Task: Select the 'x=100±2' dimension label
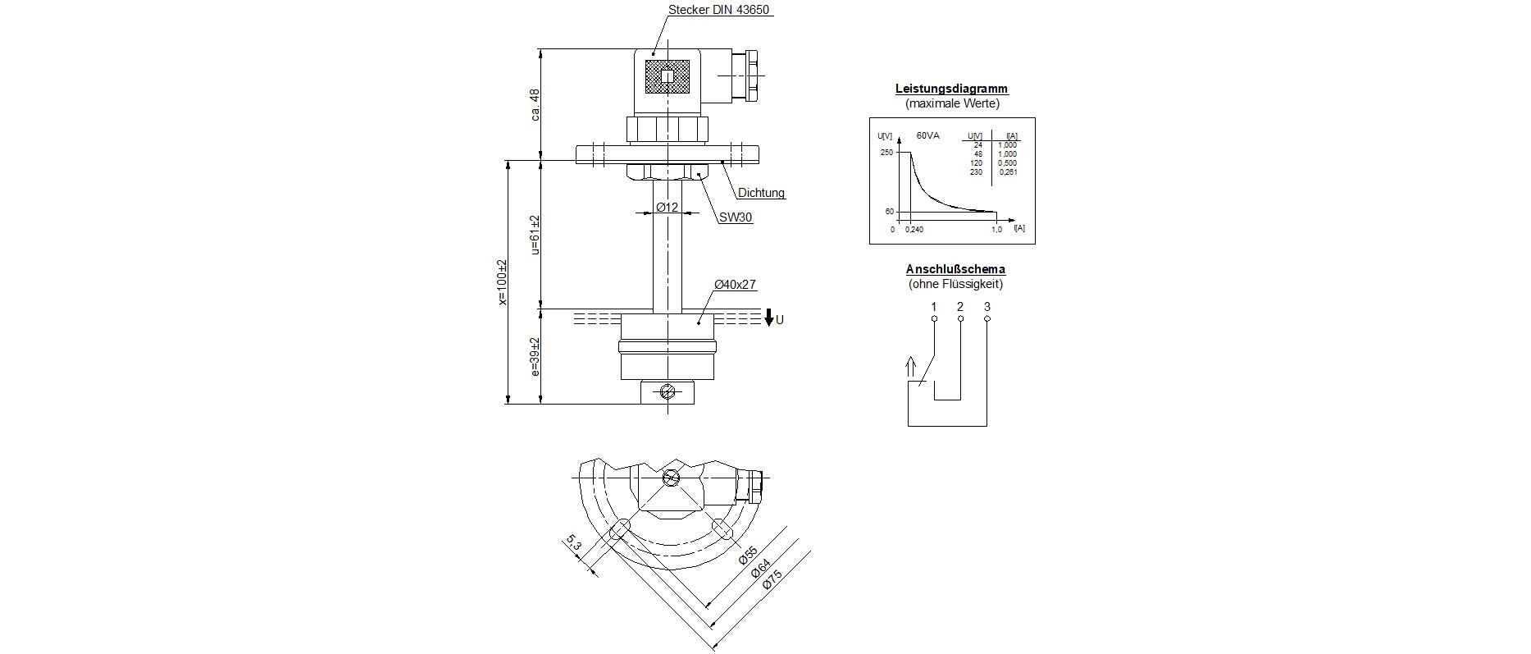coord(502,282)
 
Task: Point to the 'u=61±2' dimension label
coord(535,235)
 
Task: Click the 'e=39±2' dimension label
coord(535,357)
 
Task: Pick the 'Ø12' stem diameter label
coord(667,208)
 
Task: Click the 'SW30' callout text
coord(736,217)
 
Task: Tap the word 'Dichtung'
coord(761,194)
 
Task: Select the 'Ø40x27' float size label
coord(735,285)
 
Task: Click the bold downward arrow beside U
coord(768,318)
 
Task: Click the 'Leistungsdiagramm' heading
coord(951,89)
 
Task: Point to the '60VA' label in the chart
coord(928,135)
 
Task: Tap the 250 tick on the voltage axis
coord(886,153)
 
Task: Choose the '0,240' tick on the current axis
coord(914,230)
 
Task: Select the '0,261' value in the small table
coord(1007,172)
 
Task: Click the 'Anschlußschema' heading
coord(955,269)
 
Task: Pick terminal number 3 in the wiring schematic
coord(987,307)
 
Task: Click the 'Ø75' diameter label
coord(772,579)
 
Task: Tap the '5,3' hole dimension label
coord(573,542)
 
